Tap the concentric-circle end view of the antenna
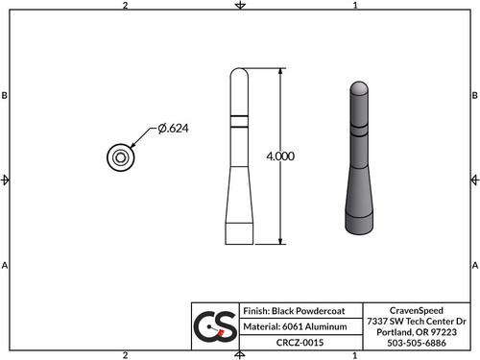pyautogui.click(x=120, y=157)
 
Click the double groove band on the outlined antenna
pyautogui.click(x=239, y=122)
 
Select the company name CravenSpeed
pyautogui.click(x=416, y=309)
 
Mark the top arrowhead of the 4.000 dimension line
pyautogui.click(x=280, y=73)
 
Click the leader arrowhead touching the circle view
pyautogui.click(x=131, y=147)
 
